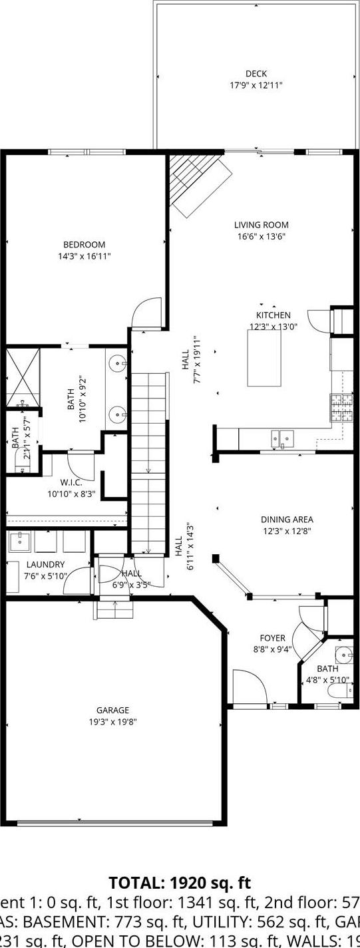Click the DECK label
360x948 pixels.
256,74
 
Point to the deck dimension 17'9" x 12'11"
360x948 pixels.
256,85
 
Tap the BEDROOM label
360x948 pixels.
84,245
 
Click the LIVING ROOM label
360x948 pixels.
261,225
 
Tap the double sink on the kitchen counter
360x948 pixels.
282,438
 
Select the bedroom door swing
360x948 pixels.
147,314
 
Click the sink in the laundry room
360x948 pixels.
19,542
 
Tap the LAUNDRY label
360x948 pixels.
45,565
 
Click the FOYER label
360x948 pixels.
273,638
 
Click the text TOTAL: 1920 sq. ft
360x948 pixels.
180,883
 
